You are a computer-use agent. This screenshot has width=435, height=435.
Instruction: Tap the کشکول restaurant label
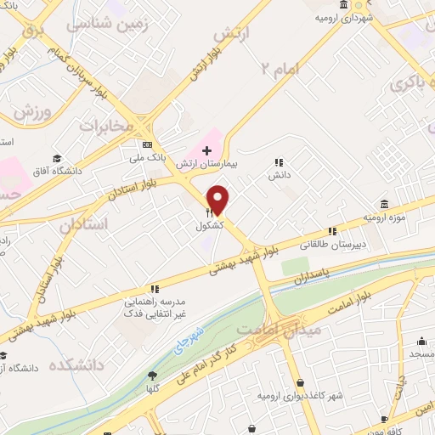(209, 227)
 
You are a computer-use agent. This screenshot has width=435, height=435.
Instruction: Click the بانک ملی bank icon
(147, 144)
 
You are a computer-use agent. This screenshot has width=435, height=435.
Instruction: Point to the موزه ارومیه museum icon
(384, 205)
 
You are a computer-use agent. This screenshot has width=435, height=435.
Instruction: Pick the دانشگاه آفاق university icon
(57, 159)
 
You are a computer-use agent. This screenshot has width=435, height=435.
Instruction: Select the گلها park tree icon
(153, 375)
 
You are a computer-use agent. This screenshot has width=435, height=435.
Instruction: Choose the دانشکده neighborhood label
(82, 364)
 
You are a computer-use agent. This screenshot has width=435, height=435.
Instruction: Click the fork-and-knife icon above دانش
(278, 162)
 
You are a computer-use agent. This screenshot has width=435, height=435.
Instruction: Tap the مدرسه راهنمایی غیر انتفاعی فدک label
(154, 307)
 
